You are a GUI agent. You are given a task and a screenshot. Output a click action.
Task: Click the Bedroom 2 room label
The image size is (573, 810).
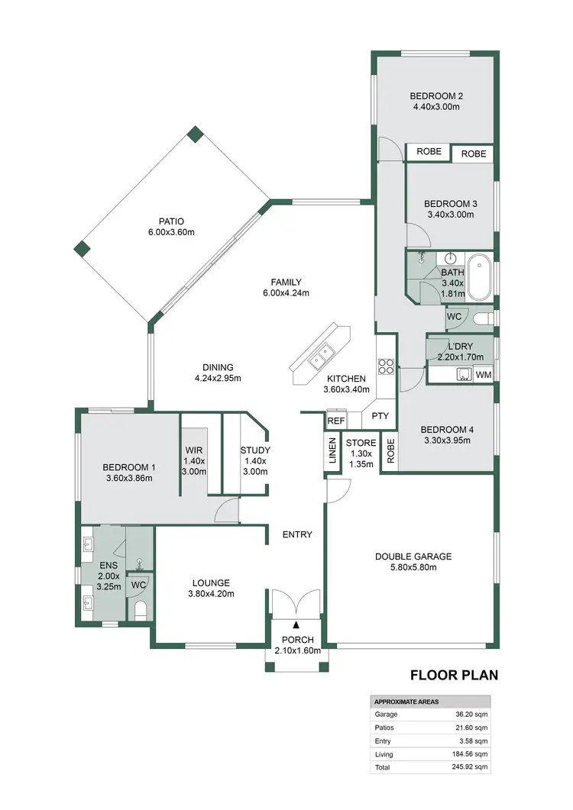click(434, 96)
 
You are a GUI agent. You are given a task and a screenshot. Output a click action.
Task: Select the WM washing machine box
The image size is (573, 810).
click(483, 375)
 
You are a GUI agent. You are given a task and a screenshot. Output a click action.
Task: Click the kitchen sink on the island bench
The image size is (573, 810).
click(319, 357)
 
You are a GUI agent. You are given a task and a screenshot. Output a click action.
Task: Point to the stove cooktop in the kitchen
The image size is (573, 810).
click(386, 366)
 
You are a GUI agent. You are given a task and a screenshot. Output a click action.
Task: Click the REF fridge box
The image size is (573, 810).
click(335, 421)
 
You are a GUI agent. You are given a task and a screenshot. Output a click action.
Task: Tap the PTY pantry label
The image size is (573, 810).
click(380, 417)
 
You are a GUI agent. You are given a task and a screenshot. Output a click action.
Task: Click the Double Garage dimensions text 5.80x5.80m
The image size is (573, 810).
click(413, 569)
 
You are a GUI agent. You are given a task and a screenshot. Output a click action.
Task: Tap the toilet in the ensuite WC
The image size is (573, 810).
click(140, 609)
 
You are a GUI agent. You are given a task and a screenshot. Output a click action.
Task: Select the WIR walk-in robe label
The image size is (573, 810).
click(193, 450)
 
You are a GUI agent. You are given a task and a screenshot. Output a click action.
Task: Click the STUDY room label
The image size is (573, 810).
click(254, 450)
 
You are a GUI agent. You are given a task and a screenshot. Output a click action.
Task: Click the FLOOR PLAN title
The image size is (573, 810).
click(454, 675)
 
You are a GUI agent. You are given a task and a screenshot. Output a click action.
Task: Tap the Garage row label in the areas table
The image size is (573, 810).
click(386, 715)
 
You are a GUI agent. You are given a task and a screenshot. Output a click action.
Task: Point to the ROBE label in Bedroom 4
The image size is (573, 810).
click(390, 452)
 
